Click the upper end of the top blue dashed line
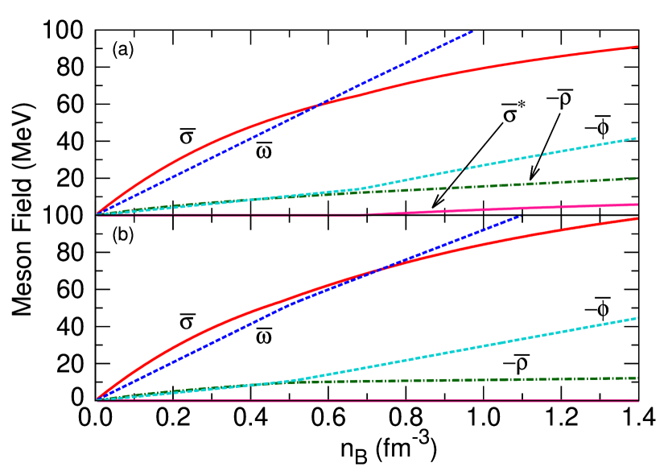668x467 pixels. click(472, 31)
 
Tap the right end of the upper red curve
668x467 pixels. click(637, 46)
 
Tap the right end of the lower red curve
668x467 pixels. click(637, 218)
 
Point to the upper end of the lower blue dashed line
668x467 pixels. click(521, 215)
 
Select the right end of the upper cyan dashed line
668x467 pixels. click(637, 138)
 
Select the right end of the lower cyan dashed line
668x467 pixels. click(637, 318)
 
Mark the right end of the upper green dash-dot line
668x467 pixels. click(637, 178)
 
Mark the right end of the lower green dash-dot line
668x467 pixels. click(637, 378)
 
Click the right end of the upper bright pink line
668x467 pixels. click(637, 205)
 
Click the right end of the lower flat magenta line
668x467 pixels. click(637, 400)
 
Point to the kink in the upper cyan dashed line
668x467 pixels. click(366, 188)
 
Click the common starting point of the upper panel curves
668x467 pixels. click(97, 214)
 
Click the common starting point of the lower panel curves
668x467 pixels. click(97, 399)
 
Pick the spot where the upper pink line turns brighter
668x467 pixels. click(366, 214)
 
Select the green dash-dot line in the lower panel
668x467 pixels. click(483, 379)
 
